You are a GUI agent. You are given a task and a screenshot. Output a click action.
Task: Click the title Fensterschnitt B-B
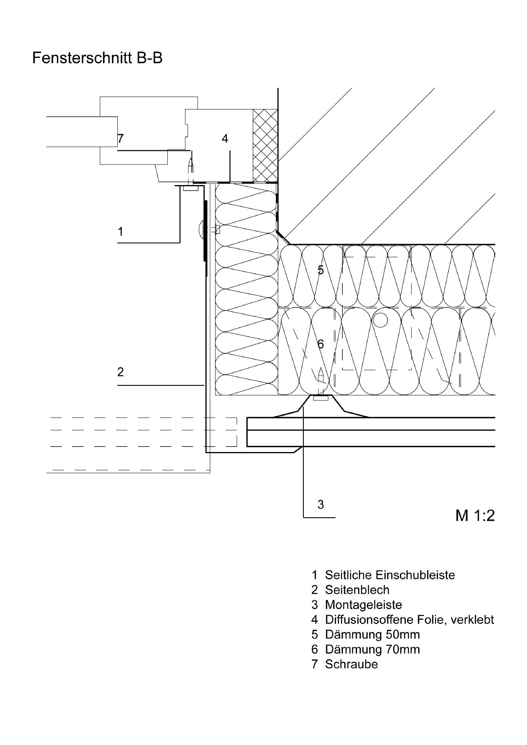(x=97, y=58)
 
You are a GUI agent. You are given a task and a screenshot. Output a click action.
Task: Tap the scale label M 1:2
(x=475, y=516)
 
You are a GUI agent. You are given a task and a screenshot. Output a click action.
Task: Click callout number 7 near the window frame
(x=120, y=138)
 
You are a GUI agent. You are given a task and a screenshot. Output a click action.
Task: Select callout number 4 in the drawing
(x=225, y=138)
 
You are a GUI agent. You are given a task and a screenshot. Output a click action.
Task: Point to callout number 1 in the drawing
(x=120, y=232)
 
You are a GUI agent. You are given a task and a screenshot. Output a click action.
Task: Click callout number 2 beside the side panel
(x=120, y=372)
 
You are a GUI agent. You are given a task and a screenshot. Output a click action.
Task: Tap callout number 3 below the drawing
(x=320, y=504)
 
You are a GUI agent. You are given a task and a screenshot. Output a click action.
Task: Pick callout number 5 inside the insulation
(x=320, y=270)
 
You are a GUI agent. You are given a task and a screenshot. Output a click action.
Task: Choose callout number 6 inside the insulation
(x=320, y=344)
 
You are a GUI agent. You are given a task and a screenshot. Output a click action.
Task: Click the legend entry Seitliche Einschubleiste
(x=390, y=575)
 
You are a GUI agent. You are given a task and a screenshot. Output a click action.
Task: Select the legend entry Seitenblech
(x=357, y=590)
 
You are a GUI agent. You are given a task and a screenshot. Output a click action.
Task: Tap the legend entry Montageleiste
(x=364, y=605)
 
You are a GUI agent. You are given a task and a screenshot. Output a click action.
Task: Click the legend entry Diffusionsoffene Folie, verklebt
(x=410, y=620)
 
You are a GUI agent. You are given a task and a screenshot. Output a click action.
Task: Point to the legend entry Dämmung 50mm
(x=372, y=634)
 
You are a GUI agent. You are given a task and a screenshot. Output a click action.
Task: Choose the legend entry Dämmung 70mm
(x=372, y=649)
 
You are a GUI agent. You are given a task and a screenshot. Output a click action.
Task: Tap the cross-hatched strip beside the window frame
(x=265, y=145)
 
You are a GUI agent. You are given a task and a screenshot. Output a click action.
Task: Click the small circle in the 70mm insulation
(x=381, y=320)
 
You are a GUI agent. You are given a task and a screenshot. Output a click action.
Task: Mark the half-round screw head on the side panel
(x=200, y=230)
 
